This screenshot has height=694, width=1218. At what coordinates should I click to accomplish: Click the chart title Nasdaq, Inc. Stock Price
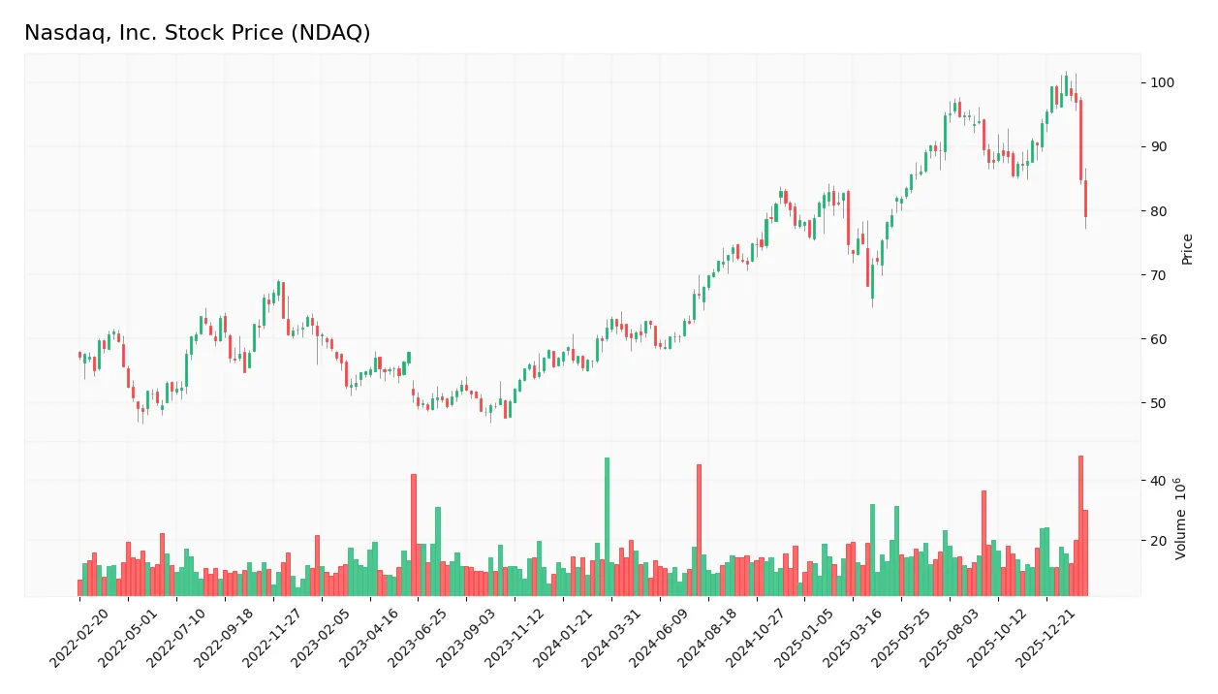pos(197,33)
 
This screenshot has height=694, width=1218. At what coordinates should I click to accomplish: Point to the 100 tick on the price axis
pos(1163,82)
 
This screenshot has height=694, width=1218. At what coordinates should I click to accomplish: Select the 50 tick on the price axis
pos(1159,403)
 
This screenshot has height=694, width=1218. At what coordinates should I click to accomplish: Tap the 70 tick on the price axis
pos(1159,275)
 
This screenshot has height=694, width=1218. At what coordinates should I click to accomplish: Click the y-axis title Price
pos(1187,249)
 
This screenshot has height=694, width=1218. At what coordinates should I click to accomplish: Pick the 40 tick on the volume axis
pos(1159,481)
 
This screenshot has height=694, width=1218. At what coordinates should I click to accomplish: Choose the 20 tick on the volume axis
pos(1159,541)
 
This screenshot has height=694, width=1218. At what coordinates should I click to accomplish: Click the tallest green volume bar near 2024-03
pos(607,526)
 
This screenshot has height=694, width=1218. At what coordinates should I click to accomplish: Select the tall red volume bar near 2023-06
pos(414,534)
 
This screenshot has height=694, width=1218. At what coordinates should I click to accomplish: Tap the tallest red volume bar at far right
pos(1080,525)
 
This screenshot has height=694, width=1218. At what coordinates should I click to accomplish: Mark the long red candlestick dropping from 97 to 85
pos(1080,140)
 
